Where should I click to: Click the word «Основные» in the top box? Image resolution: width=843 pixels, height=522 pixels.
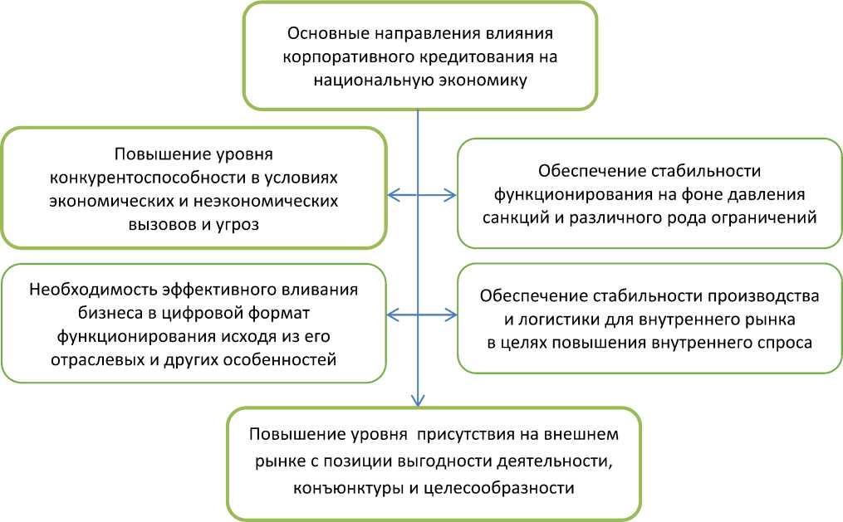(x=322, y=35)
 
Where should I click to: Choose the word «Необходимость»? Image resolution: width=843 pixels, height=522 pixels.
(x=86, y=290)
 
